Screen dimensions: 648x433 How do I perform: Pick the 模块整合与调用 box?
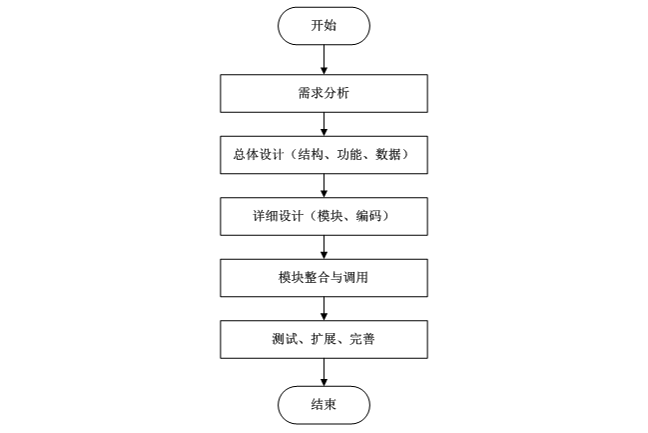(x=324, y=278)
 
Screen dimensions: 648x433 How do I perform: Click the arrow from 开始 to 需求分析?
(x=324, y=59)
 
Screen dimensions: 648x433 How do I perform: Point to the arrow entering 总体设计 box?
(x=324, y=124)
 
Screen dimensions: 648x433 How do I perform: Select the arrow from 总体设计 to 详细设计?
(x=324, y=186)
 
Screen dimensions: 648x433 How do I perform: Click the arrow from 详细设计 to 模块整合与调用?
(x=324, y=247)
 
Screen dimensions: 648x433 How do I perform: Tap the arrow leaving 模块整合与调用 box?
(x=324, y=309)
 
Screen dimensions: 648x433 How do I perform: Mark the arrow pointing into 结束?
(x=324, y=371)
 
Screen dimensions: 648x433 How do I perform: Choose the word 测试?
(x=284, y=340)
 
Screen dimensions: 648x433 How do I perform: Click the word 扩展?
(x=324, y=340)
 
